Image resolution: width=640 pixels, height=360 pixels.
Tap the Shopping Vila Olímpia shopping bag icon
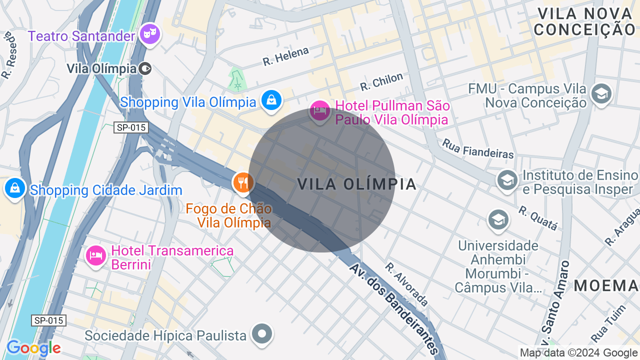(271, 100)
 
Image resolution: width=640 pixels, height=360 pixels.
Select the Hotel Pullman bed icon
(319, 110)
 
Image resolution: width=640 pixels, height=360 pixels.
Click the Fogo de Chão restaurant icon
(243, 182)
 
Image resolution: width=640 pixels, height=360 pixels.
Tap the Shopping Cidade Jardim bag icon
(15, 189)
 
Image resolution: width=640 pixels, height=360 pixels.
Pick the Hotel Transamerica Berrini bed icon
(95, 255)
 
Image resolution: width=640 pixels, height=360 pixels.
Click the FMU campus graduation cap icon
(600, 93)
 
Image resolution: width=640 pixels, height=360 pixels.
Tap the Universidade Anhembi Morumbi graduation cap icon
(498, 220)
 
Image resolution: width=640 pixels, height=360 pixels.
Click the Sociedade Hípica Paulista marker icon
(262, 333)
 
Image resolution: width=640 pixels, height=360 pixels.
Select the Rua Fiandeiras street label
(477, 148)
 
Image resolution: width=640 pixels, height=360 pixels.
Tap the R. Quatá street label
(538, 218)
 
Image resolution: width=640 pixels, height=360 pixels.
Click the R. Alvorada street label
(407, 284)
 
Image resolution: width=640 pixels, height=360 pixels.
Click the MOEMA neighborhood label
(606, 286)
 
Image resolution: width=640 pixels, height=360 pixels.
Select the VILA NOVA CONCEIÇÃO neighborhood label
(584, 21)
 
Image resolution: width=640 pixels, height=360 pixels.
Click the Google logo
(33, 348)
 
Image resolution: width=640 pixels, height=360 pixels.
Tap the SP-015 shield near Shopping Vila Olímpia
(131, 127)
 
